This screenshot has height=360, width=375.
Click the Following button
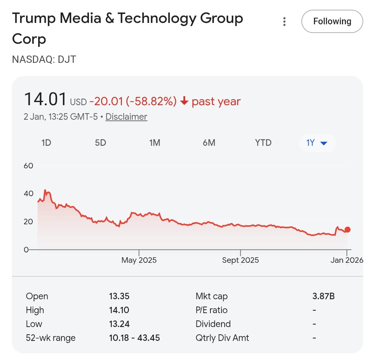(332, 22)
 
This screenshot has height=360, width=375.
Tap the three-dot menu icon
(284, 22)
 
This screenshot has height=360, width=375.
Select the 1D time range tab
(46, 143)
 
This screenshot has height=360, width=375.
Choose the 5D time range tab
(100, 143)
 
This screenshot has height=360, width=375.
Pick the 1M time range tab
(155, 143)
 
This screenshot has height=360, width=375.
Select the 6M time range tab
(209, 143)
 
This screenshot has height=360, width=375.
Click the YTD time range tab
(263, 143)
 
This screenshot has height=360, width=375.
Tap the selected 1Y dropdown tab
(317, 143)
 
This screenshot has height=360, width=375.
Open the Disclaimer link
(126, 117)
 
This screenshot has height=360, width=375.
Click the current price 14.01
(45, 99)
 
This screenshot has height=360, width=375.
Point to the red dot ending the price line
(347, 229)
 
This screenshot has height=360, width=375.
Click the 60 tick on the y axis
(28, 166)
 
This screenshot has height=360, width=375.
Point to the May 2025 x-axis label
(139, 260)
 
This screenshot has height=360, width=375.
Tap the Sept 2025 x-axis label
(240, 260)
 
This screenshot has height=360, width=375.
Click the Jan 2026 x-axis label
(347, 260)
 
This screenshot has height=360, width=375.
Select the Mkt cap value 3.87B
(323, 296)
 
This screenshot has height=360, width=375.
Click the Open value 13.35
(119, 296)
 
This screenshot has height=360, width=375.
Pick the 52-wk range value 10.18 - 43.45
(134, 337)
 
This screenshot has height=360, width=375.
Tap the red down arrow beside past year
(184, 101)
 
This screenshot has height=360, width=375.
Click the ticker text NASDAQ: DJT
(44, 59)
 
